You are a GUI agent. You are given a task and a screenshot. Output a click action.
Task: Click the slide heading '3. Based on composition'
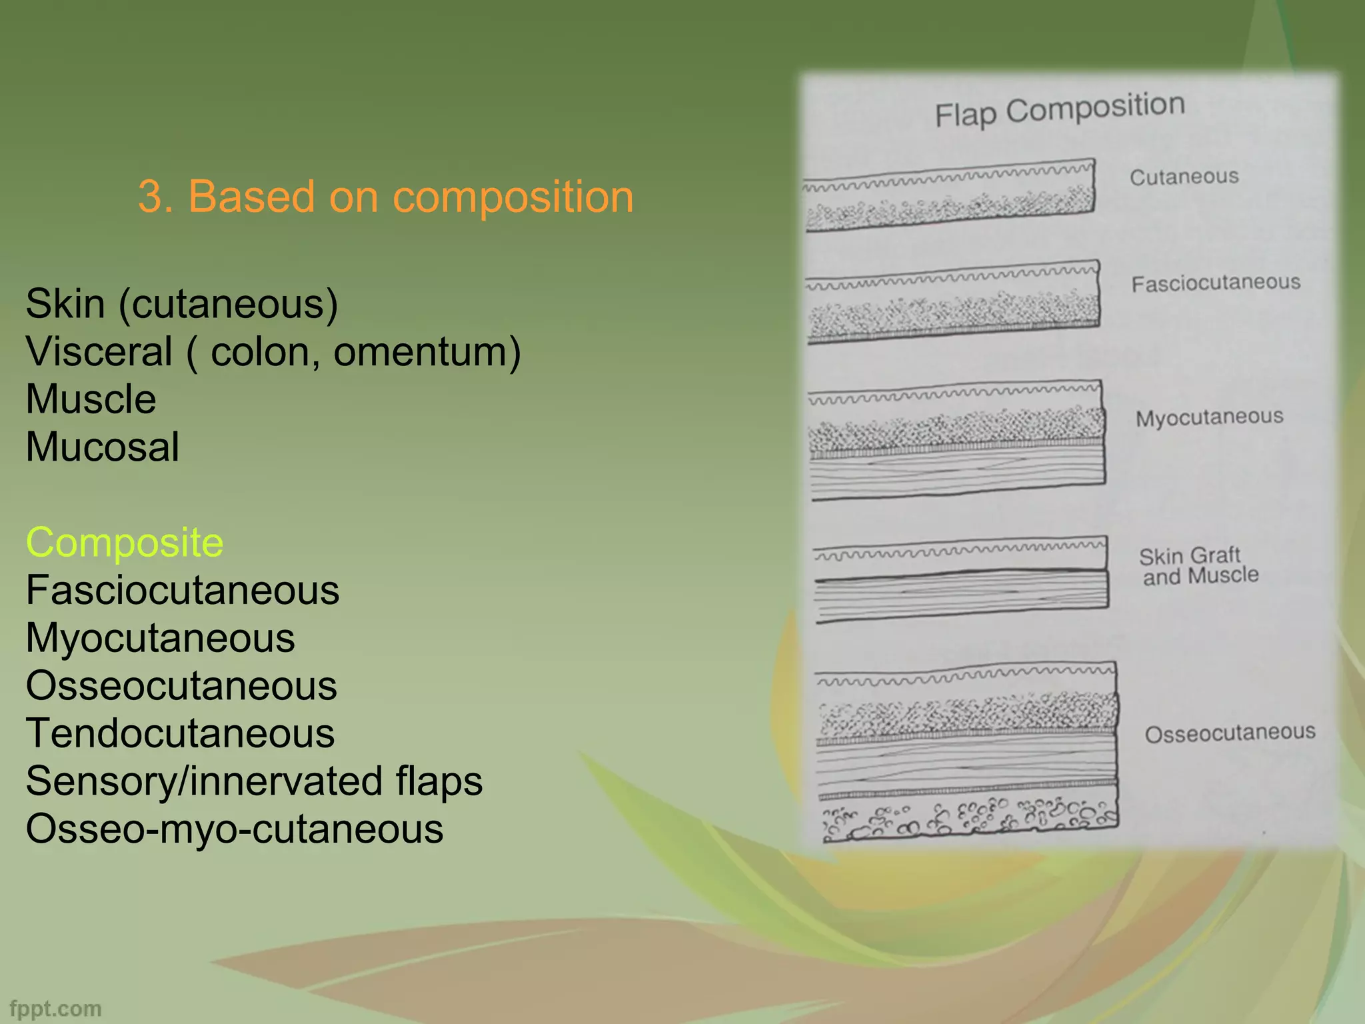point(385,197)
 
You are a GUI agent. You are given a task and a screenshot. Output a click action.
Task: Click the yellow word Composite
point(125,542)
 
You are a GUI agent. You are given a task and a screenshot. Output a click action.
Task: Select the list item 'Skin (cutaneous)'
point(182,304)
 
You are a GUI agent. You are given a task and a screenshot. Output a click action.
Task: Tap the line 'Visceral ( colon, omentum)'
point(273,351)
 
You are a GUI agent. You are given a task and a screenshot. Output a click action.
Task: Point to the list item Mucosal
point(103,447)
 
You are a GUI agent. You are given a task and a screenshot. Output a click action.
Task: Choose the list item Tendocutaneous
point(180,733)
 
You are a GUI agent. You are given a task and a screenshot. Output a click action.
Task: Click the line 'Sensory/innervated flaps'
point(254,781)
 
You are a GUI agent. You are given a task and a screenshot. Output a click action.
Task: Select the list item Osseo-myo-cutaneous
point(235,829)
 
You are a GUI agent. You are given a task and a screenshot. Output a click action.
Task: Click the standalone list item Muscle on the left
point(91,399)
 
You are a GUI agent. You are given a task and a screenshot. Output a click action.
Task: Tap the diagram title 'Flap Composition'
point(1060,111)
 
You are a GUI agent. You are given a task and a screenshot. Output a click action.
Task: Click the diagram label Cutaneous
point(1184,177)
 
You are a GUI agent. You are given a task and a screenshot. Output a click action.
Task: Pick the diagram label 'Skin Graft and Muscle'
point(1199,565)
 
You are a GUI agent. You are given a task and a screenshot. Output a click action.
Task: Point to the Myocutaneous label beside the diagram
point(1209,418)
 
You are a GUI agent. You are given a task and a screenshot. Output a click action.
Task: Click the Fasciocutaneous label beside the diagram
point(1216,283)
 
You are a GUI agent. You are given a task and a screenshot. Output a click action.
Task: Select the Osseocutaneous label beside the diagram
point(1230,733)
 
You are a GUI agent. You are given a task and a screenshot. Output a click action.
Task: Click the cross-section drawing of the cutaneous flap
point(950,196)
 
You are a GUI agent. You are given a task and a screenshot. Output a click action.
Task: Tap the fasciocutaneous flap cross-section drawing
point(953,303)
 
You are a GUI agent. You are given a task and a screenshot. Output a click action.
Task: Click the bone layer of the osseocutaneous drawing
point(970,817)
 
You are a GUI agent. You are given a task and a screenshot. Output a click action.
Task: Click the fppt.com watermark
point(56,1009)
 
